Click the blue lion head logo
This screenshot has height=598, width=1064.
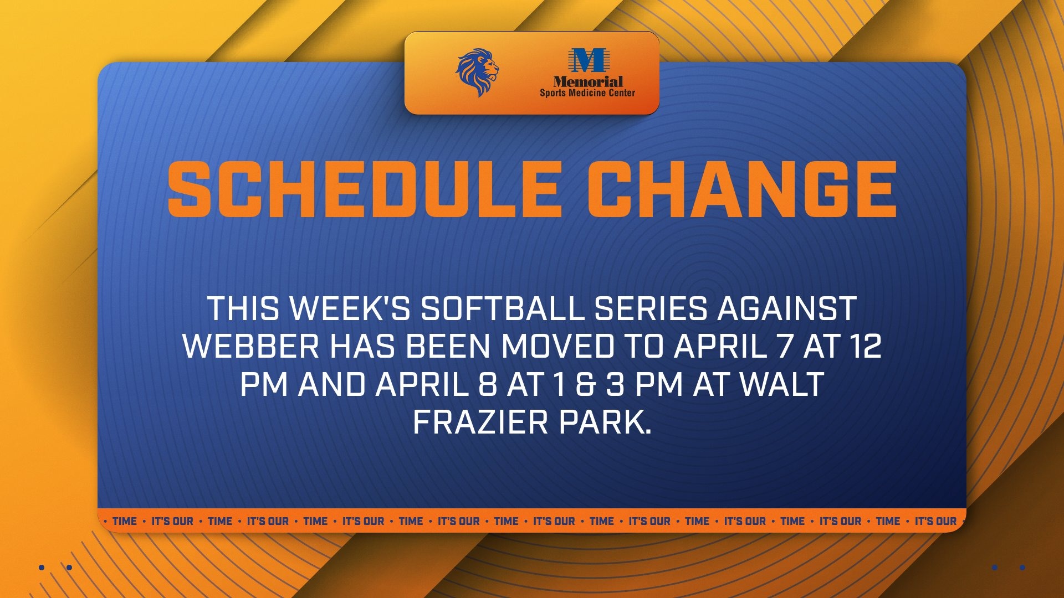[x=477, y=73]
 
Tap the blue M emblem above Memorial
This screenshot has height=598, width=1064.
[x=587, y=60]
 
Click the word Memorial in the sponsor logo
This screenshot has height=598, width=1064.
[x=587, y=82]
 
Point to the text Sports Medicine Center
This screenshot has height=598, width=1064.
[x=587, y=93]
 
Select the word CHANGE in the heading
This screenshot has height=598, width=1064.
[x=741, y=190]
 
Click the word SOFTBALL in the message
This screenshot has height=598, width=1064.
[x=502, y=309]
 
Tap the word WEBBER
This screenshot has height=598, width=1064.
[x=251, y=347]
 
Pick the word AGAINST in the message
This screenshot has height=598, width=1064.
[x=787, y=309]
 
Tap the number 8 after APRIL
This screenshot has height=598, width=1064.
[x=487, y=385]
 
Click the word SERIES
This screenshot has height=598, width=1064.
[x=651, y=309]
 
